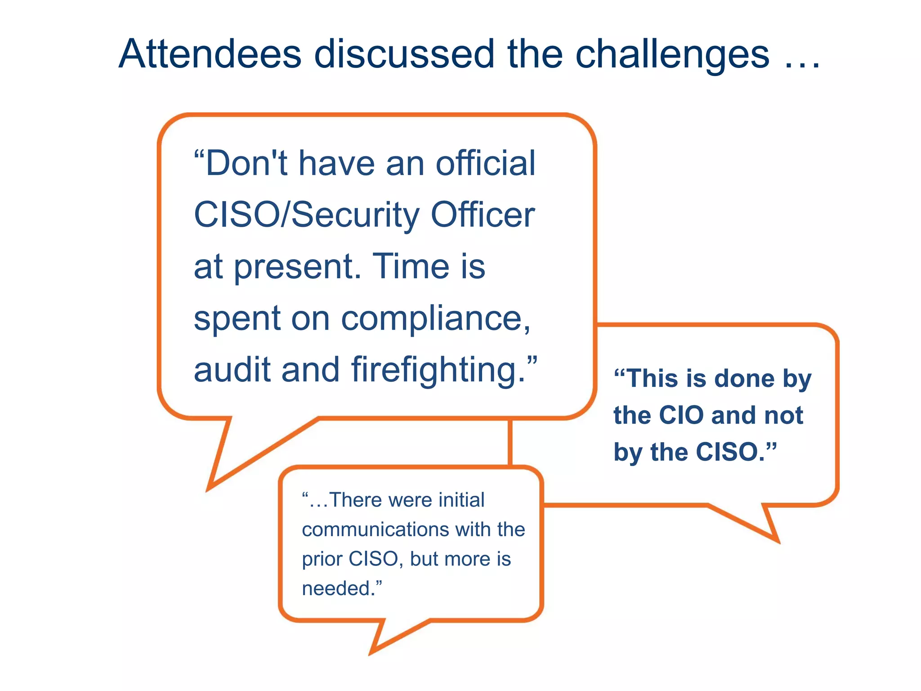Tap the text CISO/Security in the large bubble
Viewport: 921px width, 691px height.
pyautogui.click(x=306, y=215)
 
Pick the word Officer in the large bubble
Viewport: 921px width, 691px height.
pyautogui.click(x=483, y=215)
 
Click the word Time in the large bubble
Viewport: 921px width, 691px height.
pyautogui.click(x=411, y=266)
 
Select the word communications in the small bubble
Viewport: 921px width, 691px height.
pyautogui.click(x=375, y=529)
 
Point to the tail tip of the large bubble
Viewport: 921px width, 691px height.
pyautogui.click(x=208, y=490)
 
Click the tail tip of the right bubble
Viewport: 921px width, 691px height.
pyautogui.click(x=778, y=541)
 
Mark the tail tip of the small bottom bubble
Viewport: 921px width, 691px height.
pyautogui.click(x=371, y=654)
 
